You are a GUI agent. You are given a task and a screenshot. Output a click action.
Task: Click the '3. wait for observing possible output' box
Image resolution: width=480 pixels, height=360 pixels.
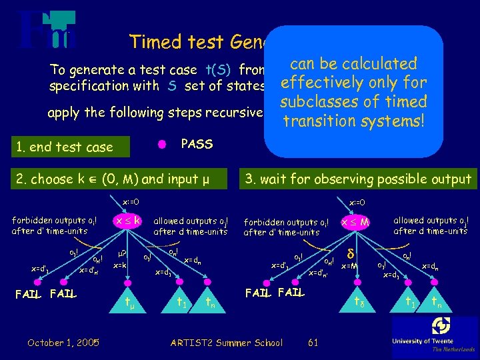pyautogui.click(x=358, y=179)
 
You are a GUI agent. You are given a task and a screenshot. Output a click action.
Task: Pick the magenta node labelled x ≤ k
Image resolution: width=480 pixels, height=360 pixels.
pyautogui.click(x=128, y=219)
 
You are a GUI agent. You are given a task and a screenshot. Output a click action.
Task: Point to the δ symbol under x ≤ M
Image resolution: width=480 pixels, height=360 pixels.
pyautogui.click(x=350, y=253)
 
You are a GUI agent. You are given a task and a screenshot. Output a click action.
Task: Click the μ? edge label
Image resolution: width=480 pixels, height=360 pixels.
pyautogui.click(x=121, y=254)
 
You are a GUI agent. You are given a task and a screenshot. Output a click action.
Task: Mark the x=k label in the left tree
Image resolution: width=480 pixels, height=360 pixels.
pyautogui.click(x=121, y=265)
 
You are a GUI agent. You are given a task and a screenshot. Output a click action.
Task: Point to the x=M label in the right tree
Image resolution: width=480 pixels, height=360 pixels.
pyautogui.click(x=350, y=266)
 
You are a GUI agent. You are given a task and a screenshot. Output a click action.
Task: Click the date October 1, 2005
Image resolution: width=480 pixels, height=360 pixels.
pyautogui.click(x=64, y=342)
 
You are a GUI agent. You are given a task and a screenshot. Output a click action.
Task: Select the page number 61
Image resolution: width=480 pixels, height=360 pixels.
pyautogui.click(x=313, y=342)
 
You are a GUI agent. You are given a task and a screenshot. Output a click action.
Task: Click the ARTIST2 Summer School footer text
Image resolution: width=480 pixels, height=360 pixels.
pyautogui.click(x=227, y=342)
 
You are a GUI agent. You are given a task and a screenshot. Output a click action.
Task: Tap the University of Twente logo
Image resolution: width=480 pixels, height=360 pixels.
pyautogui.click(x=435, y=333)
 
